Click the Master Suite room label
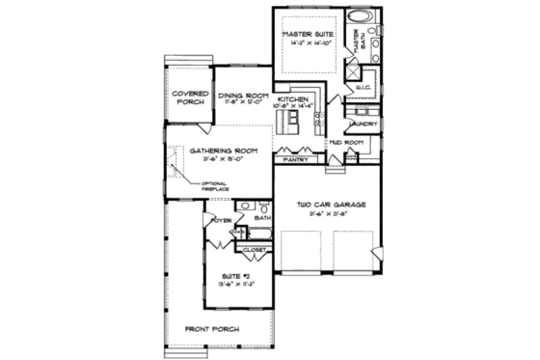(x=307, y=34)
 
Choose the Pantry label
(x=295, y=159)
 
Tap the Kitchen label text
(x=292, y=99)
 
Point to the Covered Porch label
(x=190, y=98)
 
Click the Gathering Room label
(x=223, y=151)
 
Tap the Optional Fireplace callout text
(x=215, y=186)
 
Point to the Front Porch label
(x=213, y=329)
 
